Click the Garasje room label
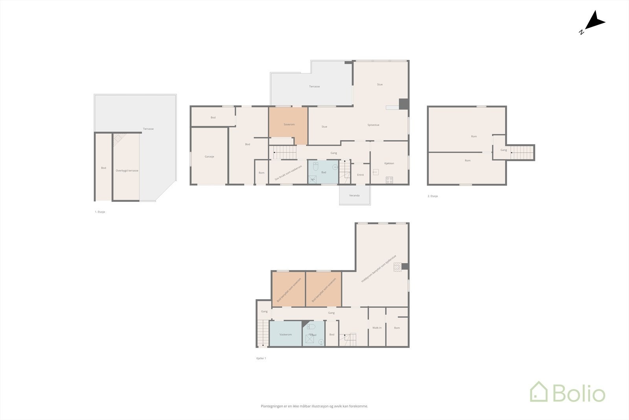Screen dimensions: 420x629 [209, 157]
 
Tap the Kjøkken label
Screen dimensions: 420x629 [389, 163]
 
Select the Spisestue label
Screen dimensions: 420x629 [373, 125]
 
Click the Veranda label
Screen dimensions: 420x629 [354, 196]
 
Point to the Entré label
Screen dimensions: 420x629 [360, 175]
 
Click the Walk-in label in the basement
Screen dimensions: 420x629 [377, 327]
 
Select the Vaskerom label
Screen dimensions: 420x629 [285, 335]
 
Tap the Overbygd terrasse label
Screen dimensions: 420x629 [127, 171]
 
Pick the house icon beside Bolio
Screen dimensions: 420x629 [539, 392]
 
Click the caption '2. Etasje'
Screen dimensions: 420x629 [432, 196]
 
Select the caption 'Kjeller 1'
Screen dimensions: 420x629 [261, 358]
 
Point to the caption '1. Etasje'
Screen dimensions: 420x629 [100, 212]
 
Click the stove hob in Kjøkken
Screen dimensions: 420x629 [389, 180]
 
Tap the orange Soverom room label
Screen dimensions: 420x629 [289, 124]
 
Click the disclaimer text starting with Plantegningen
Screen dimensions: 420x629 [314, 406]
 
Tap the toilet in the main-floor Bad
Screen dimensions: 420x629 [315, 168]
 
